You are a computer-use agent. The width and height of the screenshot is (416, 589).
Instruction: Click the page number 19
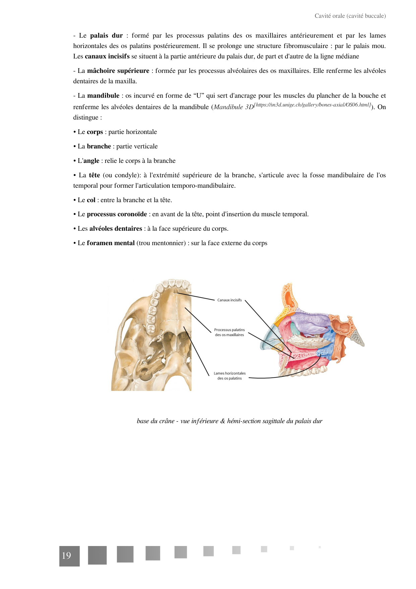click(x=67, y=556)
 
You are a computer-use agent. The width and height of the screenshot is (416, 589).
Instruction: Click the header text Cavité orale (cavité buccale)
click(x=350, y=16)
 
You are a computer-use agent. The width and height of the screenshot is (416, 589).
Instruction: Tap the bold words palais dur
click(x=106, y=36)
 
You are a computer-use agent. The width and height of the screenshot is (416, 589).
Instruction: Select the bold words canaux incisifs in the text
click(x=107, y=56)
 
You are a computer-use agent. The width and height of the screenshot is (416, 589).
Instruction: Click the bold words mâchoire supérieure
click(x=118, y=71)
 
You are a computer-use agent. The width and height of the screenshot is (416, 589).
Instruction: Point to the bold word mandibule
click(x=103, y=96)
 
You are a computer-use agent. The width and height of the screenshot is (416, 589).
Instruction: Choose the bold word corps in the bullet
click(x=95, y=132)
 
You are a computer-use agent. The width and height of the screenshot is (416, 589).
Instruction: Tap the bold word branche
click(x=99, y=146)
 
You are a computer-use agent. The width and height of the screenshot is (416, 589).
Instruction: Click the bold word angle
click(x=91, y=161)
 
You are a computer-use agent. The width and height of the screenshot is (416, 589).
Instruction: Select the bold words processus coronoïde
click(x=117, y=214)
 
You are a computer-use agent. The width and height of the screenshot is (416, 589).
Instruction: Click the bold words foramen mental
click(x=111, y=243)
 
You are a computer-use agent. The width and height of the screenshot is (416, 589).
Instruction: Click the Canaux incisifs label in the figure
click(x=229, y=300)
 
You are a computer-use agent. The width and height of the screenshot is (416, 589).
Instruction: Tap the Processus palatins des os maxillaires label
click(x=229, y=332)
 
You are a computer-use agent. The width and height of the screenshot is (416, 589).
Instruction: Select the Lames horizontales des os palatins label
click(x=230, y=376)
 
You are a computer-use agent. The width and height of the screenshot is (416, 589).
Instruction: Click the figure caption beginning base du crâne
click(x=229, y=421)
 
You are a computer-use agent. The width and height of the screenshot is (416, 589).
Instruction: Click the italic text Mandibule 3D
click(x=234, y=107)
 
